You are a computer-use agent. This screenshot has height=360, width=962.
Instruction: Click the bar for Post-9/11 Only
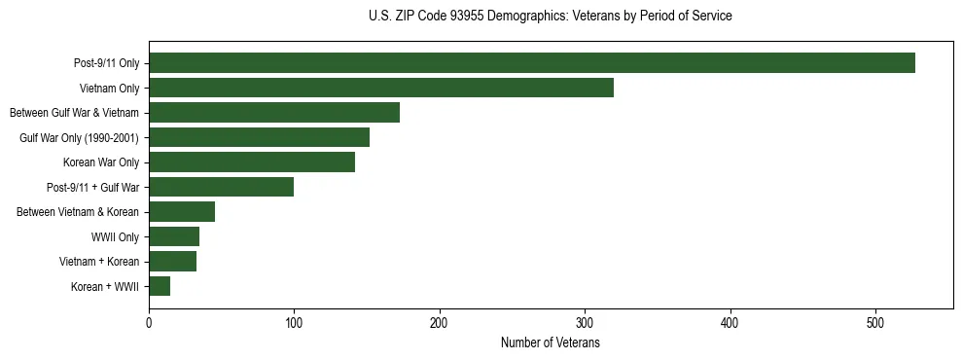click(x=531, y=63)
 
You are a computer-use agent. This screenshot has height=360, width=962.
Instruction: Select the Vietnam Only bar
click(x=381, y=88)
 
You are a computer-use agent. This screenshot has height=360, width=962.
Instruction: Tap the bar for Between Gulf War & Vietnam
click(x=274, y=113)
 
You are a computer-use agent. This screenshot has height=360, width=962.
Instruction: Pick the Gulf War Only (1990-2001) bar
click(x=259, y=137)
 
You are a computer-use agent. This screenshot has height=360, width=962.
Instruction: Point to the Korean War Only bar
click(x=252, y=162)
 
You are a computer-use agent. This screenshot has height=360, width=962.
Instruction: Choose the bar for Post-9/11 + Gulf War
click(x=221, y=187)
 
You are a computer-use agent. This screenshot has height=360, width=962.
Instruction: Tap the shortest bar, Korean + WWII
click(x=160, y=286)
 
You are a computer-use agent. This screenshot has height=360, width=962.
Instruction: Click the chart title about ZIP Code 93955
click(x=551, y=17)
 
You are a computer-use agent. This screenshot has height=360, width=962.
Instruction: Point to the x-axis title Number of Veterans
click(x=551, y=343)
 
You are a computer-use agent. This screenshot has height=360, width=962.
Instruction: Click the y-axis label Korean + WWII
click(x=105, y=287)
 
